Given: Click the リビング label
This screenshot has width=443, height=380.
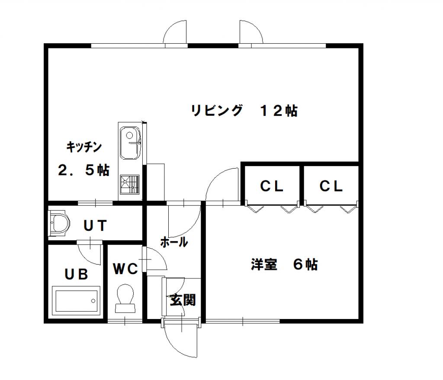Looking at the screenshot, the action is click(217, 110).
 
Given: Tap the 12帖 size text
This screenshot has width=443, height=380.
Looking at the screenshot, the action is click(279, 111).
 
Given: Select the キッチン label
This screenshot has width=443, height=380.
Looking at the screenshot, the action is click(84, 147).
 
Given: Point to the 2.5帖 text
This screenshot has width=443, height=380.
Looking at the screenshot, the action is click(84, 170).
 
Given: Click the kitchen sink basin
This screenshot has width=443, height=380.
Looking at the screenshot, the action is click(130, 143).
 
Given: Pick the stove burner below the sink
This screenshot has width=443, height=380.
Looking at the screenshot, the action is click(130, 185).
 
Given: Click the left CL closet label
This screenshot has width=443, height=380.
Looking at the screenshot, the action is click(272, 186).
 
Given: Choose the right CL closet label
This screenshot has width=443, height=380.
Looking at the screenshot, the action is click(331, 186).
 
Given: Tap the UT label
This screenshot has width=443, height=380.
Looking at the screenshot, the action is click(95, 226).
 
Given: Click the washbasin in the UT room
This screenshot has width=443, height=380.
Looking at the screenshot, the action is click(59, 223).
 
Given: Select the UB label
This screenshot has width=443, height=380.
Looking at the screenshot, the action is click(76, 274).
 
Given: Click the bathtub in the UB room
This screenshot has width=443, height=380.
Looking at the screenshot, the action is click(76, 301).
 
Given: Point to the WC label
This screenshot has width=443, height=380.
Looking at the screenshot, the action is click(125, 269).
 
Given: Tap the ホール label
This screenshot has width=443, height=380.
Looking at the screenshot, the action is click(174, 242).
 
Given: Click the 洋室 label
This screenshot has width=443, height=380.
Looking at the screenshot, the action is click(264, 265).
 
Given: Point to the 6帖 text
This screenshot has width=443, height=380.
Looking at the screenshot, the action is click(305, 265).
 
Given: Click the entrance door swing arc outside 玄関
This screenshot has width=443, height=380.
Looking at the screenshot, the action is click(173, 346).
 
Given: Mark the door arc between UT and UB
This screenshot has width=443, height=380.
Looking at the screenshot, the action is click(86, 257).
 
